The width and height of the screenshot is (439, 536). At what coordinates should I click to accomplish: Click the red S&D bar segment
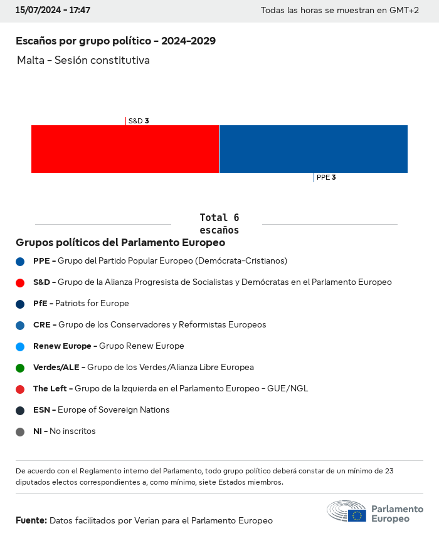pyautogui.click(x=125, y=149)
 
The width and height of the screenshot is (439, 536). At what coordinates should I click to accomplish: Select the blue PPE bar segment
pyautogui.click(x=313, y=149)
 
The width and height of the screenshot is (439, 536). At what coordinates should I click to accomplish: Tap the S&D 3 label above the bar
pyautogui.click(x=138, y=121)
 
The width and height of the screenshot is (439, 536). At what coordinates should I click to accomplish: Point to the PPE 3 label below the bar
pyautogui.click(x=326, y=177)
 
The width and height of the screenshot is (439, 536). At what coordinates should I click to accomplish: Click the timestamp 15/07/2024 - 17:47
pyautogui.click(x=53, y=11)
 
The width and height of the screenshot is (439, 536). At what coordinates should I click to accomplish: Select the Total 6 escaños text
pyautogui.click(x=219, y=224)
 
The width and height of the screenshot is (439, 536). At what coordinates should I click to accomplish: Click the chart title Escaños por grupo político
pyautogui.click(x=115, y=41)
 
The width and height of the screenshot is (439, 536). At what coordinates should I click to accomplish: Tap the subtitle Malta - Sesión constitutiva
pyautogui.click(x=83, y=60)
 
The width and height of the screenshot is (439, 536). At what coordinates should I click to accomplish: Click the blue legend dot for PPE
pyautogui.click(x=20, y=261)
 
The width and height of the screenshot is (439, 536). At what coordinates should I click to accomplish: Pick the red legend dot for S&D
pyautogui.click(x=20, y=282)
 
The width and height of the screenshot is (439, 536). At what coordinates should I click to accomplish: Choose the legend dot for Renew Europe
pyautogui.click(x=20, y=346)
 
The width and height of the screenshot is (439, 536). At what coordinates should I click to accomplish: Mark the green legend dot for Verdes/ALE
pyautogui.click(x=20, y=368)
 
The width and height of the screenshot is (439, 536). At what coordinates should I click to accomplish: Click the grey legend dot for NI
pyautogui.click(x=20, y=431)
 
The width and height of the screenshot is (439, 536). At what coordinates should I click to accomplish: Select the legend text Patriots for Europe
pyautogui.click(x=92, y=303)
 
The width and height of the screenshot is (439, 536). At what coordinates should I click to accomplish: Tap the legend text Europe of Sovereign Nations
pyautogui.click(x=114, y=410)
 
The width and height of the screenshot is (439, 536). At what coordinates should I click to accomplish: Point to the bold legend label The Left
pyautogui.click(x=50, y=388)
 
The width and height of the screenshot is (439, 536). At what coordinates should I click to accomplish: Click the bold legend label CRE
pyautogui.click(x=41, y=324)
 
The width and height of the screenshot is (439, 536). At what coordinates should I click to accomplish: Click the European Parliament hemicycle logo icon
pyautogui.click(x=346, y=512)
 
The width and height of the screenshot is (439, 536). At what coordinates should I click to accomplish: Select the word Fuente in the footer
pyautogui.click(x=30, y=520)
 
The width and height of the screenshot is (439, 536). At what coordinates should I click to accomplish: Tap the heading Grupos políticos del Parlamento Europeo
pyautogui.click(x=120, y=242)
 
